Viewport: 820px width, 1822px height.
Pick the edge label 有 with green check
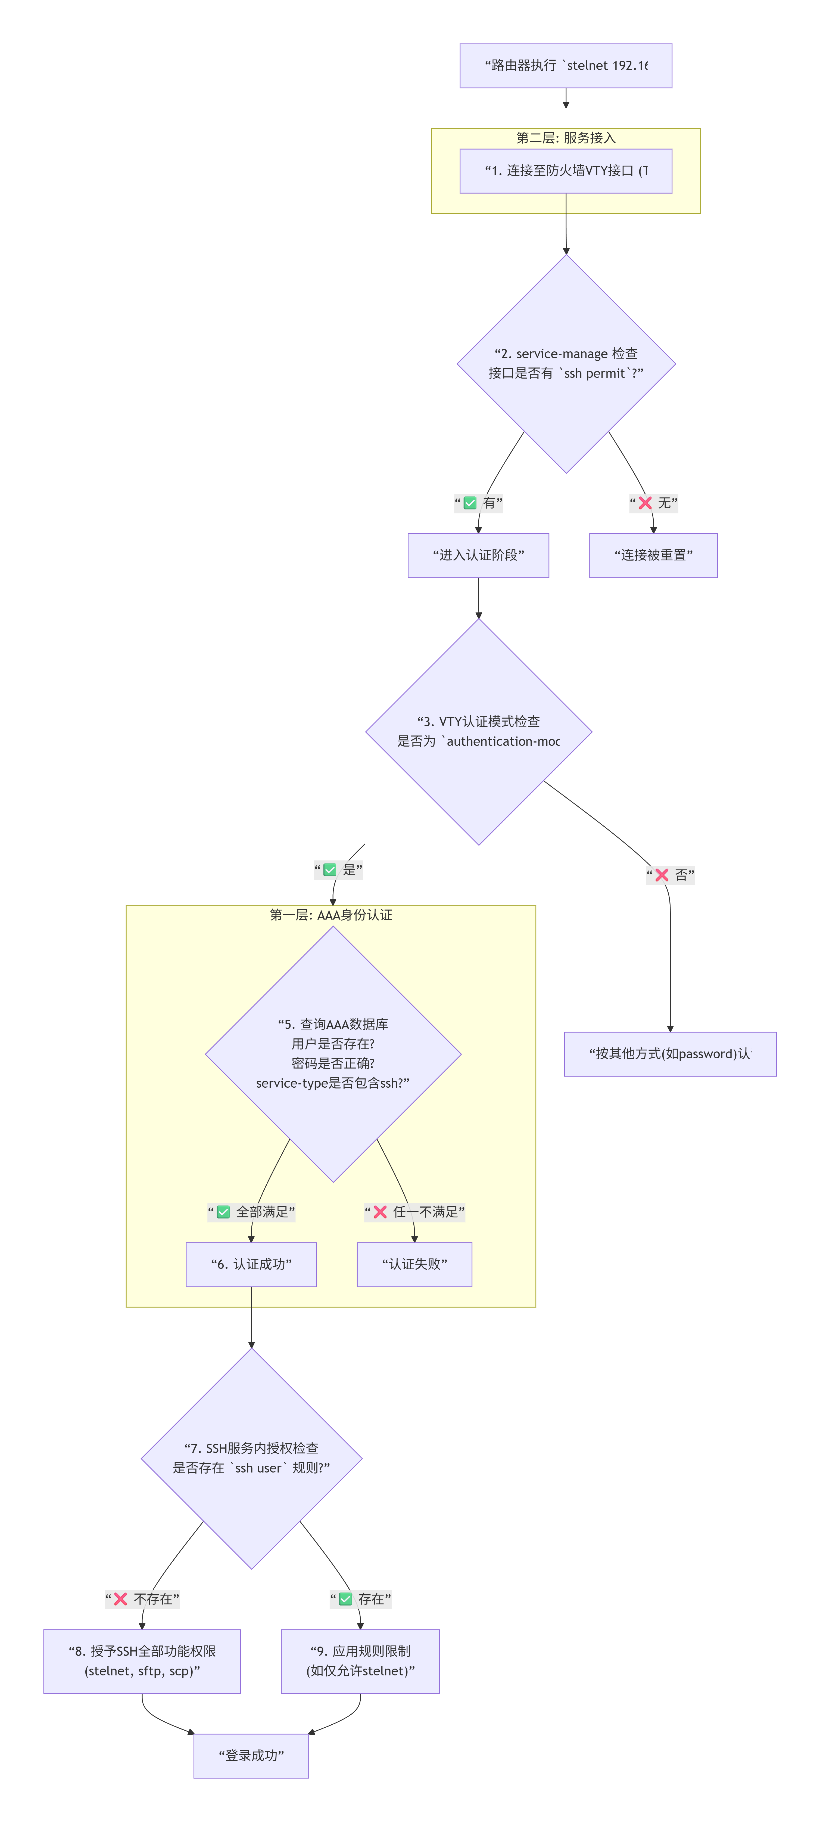(x=479, y=503)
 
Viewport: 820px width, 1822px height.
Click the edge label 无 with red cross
(x=653, y=503)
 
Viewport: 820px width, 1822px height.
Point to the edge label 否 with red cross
(x=670, y=875)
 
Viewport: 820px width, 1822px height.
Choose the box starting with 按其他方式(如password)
(x=669, y=1054)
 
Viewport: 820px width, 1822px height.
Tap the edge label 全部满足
(x=251, y=1212)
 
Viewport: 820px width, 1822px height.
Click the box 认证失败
(x=414, y=1264)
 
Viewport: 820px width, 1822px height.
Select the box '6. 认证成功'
(x=251, y=1264)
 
